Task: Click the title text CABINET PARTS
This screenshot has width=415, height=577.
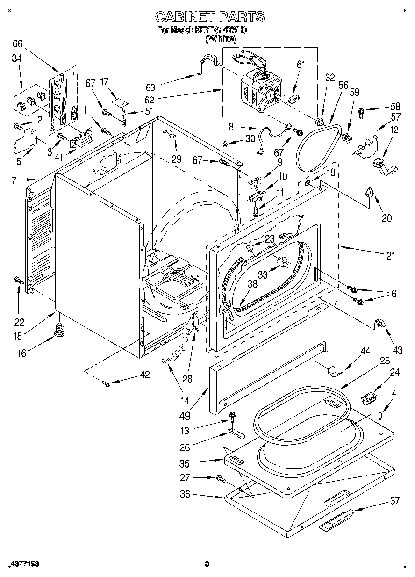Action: coord(209,17)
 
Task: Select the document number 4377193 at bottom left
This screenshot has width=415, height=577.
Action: coord(23,564)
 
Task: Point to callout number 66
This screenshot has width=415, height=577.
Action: coord(17,44)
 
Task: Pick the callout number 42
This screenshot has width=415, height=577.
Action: coord(145,375)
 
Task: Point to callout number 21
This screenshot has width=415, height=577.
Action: coord(390,256)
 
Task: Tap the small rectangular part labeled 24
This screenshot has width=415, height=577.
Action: coord(369,399)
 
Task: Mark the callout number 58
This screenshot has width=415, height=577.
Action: coord(396,107)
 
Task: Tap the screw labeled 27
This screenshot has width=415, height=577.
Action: coord(220,478)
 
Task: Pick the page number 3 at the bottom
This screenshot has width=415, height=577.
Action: coord(206,564)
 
